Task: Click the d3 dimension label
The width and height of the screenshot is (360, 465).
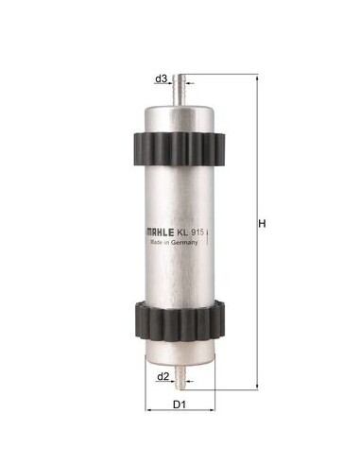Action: (x=161, y=77)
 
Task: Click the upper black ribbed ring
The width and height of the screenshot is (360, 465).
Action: (x=180, y=146)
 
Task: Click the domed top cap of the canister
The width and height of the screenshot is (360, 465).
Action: (x=180, y=112)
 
